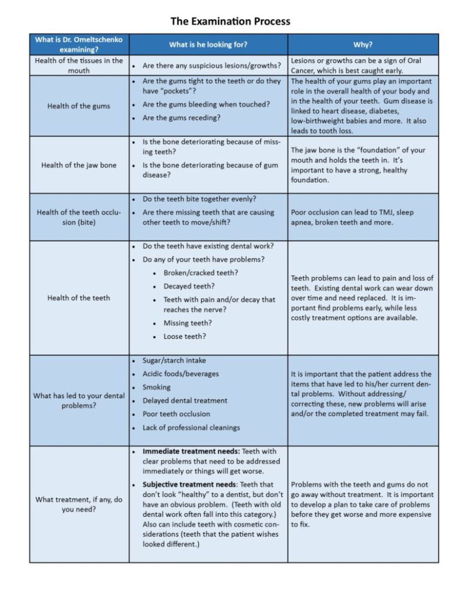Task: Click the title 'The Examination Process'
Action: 230,22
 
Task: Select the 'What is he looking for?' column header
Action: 208,44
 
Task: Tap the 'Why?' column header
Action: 362,44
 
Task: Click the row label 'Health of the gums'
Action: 78,106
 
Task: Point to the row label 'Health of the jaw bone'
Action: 78,165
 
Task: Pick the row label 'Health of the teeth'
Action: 78,298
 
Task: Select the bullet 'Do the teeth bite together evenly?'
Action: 199,198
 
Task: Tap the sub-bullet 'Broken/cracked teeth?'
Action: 201,273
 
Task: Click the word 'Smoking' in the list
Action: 156,387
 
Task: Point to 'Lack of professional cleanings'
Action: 191,428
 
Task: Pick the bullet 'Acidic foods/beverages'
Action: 180,374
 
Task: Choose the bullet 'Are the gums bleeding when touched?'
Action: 206,104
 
